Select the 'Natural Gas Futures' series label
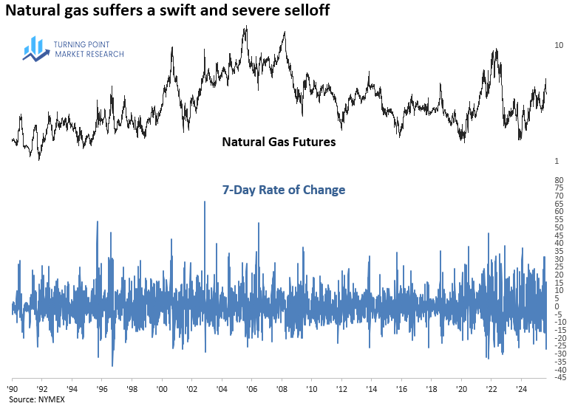(x=279, y=141)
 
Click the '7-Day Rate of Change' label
(x=284, y=190)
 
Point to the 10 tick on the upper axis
(x=559, y=45)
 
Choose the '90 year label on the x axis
(x=13, y=388)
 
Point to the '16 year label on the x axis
(x=401, y=388)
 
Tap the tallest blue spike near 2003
(x=204, y=202)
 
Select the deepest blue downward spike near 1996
(x=112, y=365)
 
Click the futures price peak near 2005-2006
(x=245, y=27)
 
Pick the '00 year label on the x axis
(x=162, y=388)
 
